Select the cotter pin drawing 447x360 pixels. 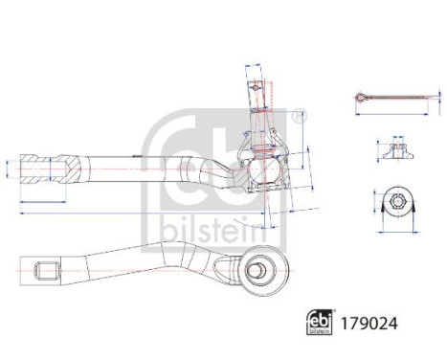[x=388, y=98]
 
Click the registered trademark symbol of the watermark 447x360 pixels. [x=302, y=117]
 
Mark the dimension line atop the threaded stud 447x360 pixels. [x=256, y=66]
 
